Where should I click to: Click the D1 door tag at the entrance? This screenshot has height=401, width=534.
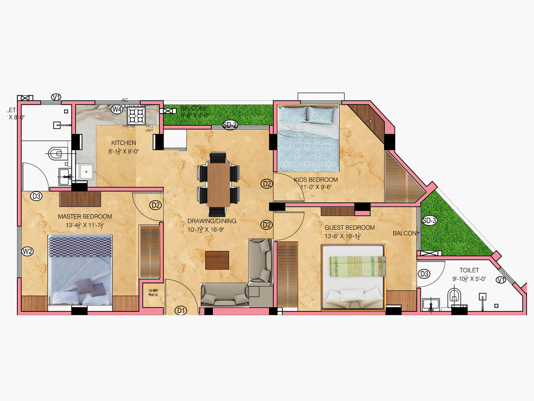[x=181, y=310]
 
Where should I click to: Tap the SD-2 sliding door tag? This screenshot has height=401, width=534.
[x=230, y=125]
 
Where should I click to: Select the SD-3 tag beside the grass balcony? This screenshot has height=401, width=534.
[x=429, y=221]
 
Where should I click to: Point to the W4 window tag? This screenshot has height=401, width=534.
[x=117, y=109]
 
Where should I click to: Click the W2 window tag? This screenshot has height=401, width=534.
[x=27, y=251]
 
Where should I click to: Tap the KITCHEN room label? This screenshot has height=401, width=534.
[x=123, y=143]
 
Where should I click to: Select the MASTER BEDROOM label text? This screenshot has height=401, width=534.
[x=85, y=217]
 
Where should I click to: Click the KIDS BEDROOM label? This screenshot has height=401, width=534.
[x=316, y=180]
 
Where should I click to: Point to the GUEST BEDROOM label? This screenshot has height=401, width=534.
[x=349, y=228]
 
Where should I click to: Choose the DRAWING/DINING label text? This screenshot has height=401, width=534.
[x=212, y=221]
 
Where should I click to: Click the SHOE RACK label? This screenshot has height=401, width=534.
[x=154, y=293]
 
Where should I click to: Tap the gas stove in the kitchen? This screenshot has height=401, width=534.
[x=137, y=116]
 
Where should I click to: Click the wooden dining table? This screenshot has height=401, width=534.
[x=219, y=184]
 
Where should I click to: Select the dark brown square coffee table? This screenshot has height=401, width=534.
[x=217, y=260]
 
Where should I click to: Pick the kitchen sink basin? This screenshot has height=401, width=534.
[x=86, y=171]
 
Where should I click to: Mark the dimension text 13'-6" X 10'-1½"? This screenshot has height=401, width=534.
[x=343, y=236]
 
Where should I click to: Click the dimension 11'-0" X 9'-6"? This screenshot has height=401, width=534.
[x=316, y=187]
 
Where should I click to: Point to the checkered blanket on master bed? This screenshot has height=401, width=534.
[x=80, y=247]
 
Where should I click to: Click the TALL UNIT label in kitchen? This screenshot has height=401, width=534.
[x=149, y=128]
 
